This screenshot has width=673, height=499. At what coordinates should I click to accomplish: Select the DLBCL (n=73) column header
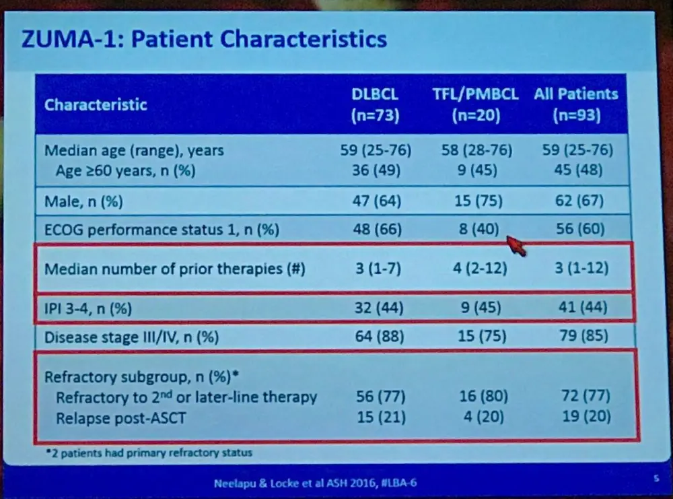click(376, 105)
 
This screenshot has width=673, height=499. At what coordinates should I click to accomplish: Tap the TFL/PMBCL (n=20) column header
click(476, 105)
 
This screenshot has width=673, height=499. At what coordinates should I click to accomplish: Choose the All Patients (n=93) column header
click(576, 105)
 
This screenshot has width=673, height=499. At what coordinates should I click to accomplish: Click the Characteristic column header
click(96, 105)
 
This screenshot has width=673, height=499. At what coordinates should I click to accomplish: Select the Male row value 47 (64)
click(377, 201)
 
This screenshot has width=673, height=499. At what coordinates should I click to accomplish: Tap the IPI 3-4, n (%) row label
click(87, 309)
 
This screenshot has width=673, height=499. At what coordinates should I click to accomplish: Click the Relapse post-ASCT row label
click(121, 418)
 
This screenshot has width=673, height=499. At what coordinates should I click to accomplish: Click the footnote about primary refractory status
click(148, 453)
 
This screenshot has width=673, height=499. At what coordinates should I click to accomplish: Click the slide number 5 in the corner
click(655, 479)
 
